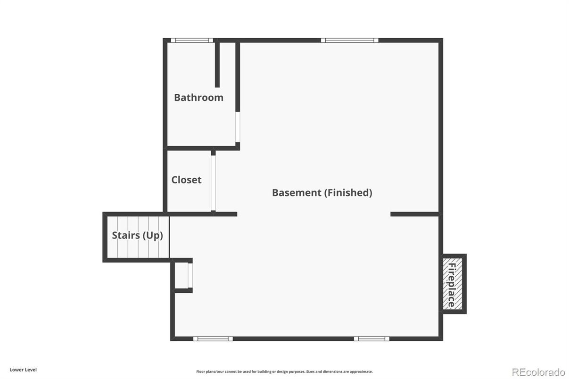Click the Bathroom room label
pyautogui.click(x=198, y=98)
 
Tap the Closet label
pyautogui.click(x=186, y=180)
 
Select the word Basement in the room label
pyautogui.click(x=296, y=192)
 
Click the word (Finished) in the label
pyautogui.click(x=348, y=192)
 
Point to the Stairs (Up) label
pyautogui.click(x=137, y=235)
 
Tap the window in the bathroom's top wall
pyautogui.click(x=191, y=41)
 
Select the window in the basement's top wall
pyautogui.click(x=349, y=41)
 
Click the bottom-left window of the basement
pyautogui.click(x=213, y=338)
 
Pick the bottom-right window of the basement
pyautogui.click(x=371, y=338)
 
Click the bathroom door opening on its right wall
pyautogui.click(x=238, y=127)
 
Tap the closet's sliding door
pyautogui.click(x=213, y=183)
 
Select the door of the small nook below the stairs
pyautogui.click(x=190, y=275)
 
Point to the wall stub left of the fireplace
pyautogui.click(x=414, y=214)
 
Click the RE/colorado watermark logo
pyautogui.click(x=538, y=371)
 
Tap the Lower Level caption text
pyautogui.click(x=23, y=370)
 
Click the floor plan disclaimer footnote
pyautogui.click(x=284, y=371)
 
